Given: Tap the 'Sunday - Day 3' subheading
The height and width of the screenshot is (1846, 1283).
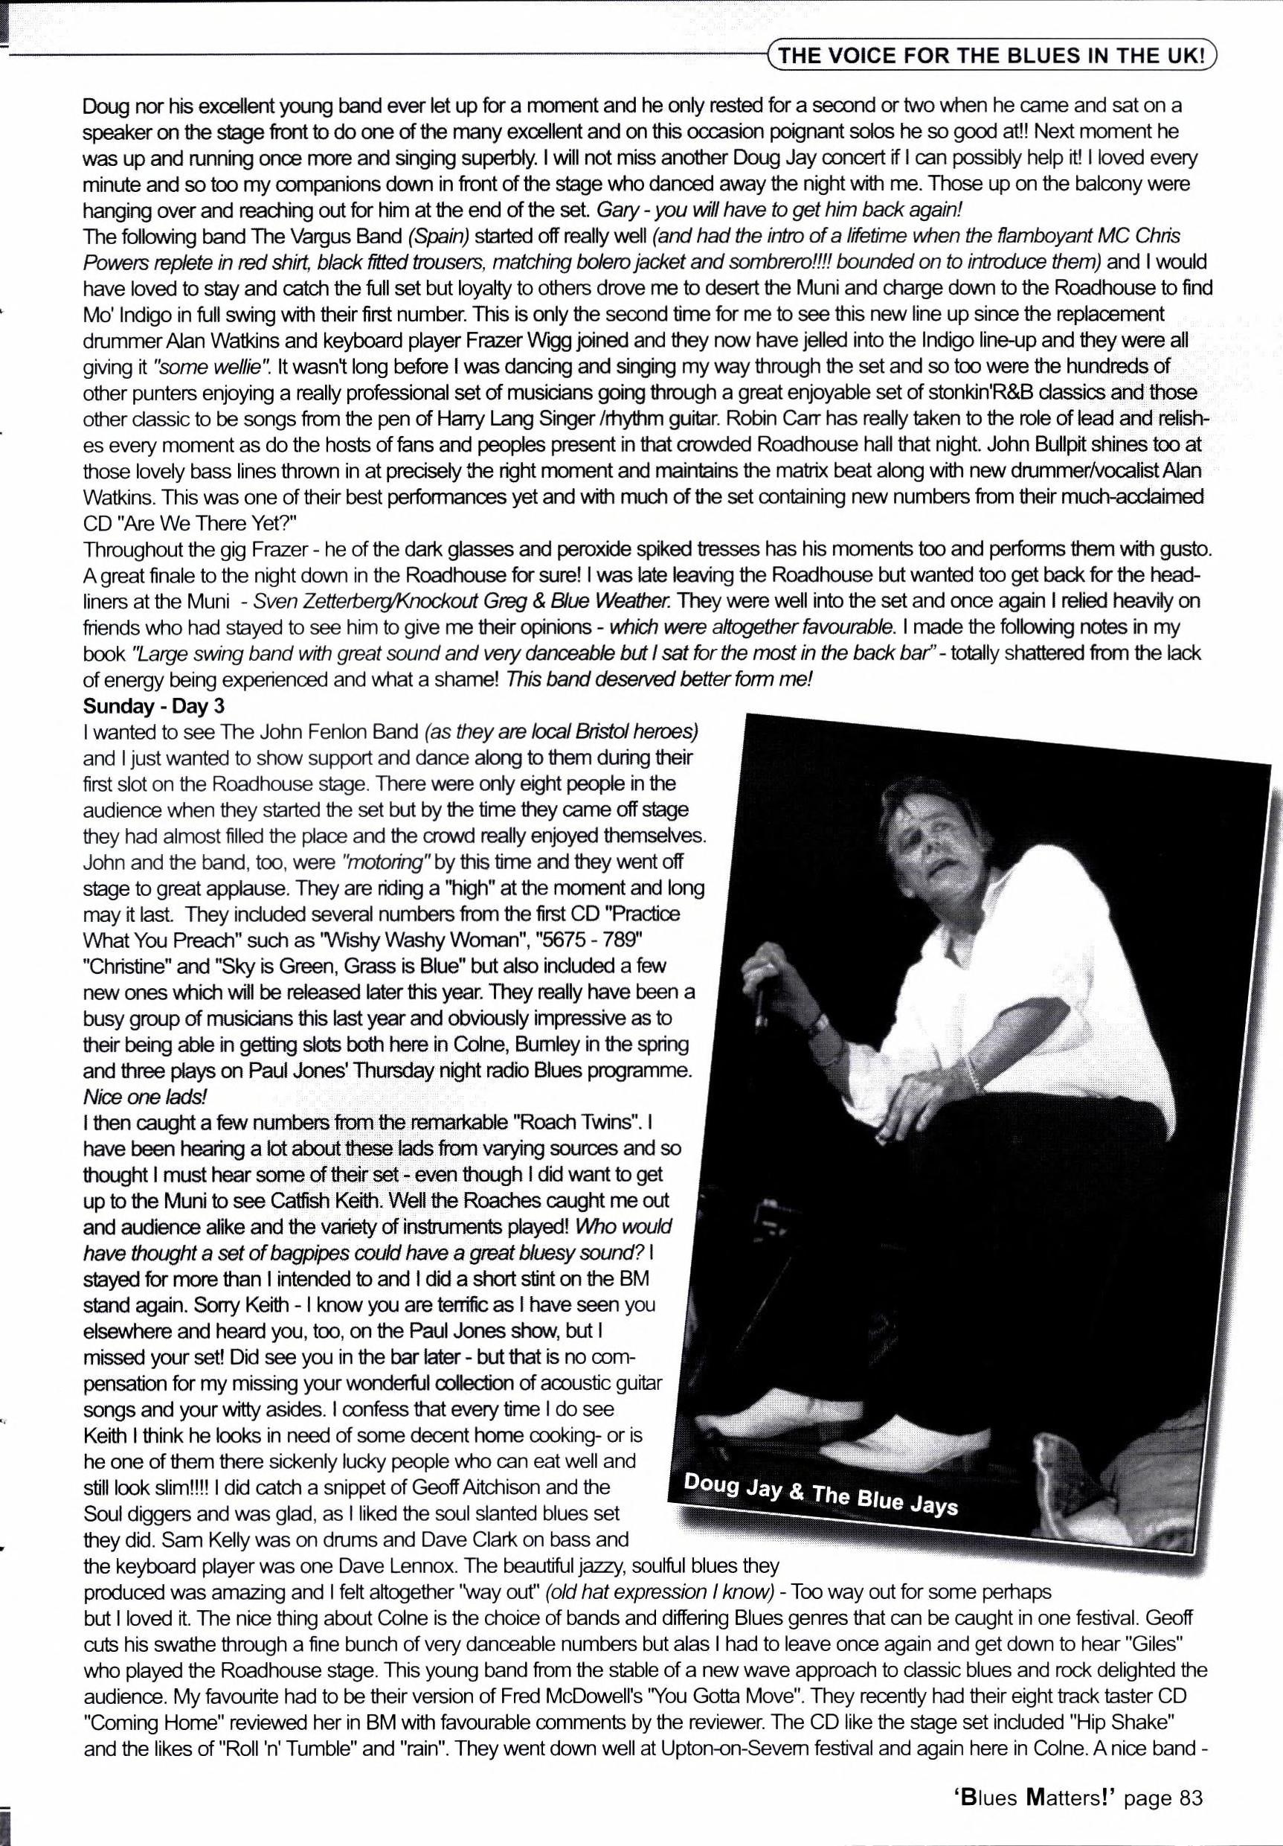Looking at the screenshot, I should point(153,706).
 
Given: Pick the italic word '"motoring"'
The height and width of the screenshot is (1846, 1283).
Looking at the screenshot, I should point(387,861).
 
